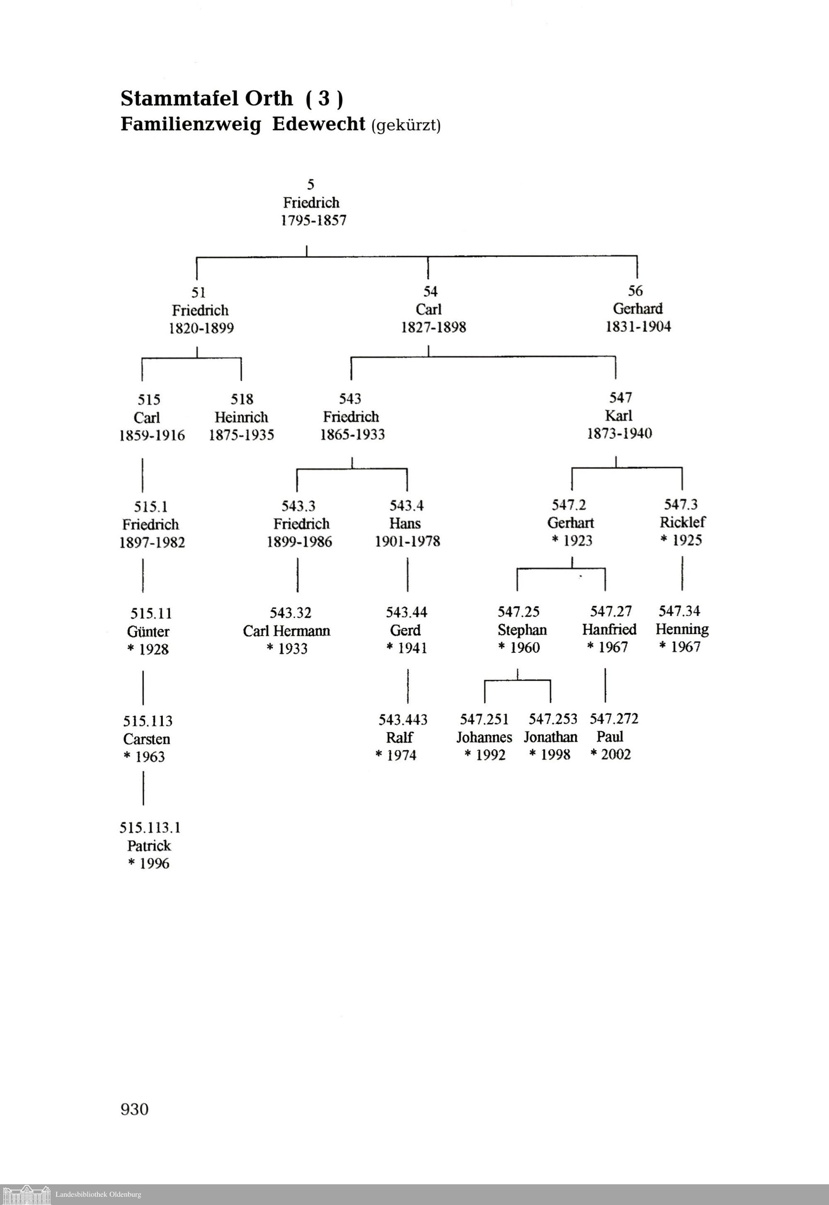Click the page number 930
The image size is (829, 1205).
[135, 1109]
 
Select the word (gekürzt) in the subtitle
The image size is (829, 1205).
[406, 125]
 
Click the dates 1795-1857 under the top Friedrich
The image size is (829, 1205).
[313, 220]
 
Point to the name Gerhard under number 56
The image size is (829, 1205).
[638, 308]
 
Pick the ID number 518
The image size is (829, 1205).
[242, 399]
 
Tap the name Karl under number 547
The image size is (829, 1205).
[618, 415]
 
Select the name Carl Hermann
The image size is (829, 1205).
[286, 630]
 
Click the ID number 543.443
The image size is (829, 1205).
[402, 719]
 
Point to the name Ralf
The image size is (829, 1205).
[400, 737]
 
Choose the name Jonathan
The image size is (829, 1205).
[550, 737]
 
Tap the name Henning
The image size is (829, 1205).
[681, 629]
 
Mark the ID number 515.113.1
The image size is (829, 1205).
[150, 827]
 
